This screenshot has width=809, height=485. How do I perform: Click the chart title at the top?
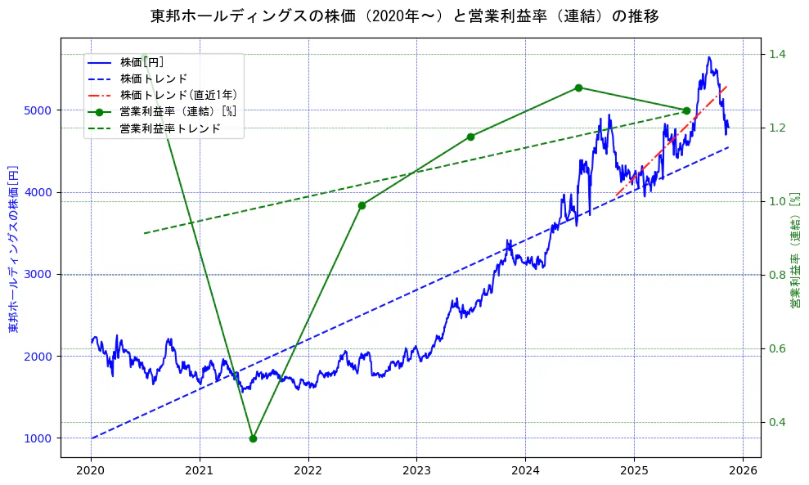coord(404,16)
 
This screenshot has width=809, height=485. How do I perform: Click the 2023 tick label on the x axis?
coord(416,471)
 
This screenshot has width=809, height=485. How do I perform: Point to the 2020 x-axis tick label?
coord(91,471)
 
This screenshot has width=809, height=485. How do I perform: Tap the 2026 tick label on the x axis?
coord(742,471)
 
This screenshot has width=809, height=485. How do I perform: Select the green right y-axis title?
coord(794,250)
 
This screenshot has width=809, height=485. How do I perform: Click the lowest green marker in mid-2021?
coord(253,438)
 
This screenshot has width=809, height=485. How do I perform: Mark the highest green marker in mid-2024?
coord(578,88)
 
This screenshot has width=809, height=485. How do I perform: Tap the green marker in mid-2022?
coord(362,205)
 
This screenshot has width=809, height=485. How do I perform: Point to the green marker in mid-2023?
coord(470,137)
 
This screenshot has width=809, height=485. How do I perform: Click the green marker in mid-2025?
coord(686,110)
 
